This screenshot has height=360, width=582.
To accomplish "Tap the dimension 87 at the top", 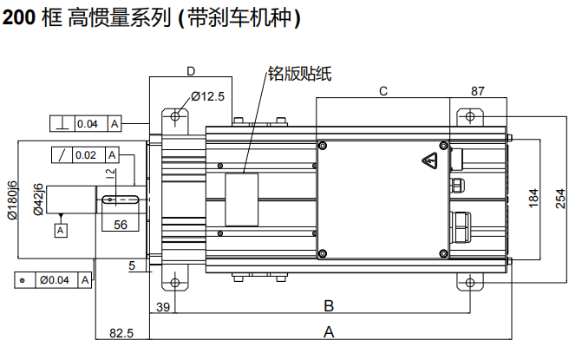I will pyautogui.click(x=478, y=90).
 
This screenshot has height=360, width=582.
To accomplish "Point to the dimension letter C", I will pyautogui.click(x=383, y=90).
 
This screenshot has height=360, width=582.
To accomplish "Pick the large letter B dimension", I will pyautogui.click(x=329, y=305).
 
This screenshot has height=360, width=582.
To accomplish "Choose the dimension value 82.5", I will pyautogui.click(x=121, y=332).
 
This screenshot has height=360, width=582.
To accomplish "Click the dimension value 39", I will pyautogui.click(x=162, y=306).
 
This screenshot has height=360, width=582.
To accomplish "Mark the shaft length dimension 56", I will pyautogui.click(x=121, y=225).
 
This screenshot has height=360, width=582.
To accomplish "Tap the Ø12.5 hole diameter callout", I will pyautogui.click(x=207, y=96).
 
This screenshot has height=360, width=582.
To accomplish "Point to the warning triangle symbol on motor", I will pyautogui.click(x=429, y=161).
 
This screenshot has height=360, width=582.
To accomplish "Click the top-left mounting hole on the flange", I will pyautogui.click(x=177, y=116).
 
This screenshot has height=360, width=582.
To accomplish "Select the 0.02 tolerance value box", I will pyautogui.click(x=85, y=155).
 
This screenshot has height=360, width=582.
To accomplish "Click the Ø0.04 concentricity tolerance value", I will pyautogui.click(x=59, y=280).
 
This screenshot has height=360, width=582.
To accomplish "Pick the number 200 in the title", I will pyautogui.click(x=18, y=18).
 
